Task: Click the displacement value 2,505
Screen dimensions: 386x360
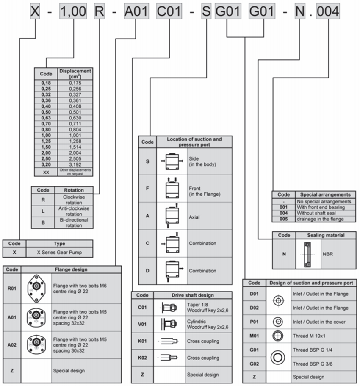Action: tap(75, 158)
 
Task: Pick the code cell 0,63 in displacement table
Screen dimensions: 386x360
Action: tap(46, 118)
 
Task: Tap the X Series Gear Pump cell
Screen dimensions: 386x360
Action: tap(59, 252)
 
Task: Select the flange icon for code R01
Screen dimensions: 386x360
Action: tap(36, 287)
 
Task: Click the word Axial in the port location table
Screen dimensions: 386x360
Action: tap(194, 217)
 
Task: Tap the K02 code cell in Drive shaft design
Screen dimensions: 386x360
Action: tap(142, 358)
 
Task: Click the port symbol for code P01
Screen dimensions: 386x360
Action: tap(278, 322)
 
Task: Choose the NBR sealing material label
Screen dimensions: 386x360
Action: tap(328, 254)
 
